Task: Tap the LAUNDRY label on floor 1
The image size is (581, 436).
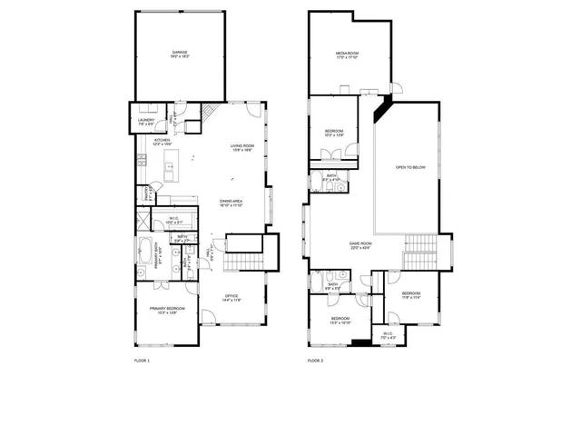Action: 146,121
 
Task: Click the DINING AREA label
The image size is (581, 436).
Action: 231,203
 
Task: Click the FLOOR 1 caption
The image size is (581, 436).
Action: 142,361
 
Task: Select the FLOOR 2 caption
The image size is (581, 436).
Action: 315,361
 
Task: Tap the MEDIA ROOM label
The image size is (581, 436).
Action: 348,55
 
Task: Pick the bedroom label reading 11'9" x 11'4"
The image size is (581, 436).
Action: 411,295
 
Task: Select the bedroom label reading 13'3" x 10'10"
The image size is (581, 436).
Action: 340,321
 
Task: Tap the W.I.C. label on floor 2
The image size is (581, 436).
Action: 388,334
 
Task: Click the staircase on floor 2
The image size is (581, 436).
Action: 419,245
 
